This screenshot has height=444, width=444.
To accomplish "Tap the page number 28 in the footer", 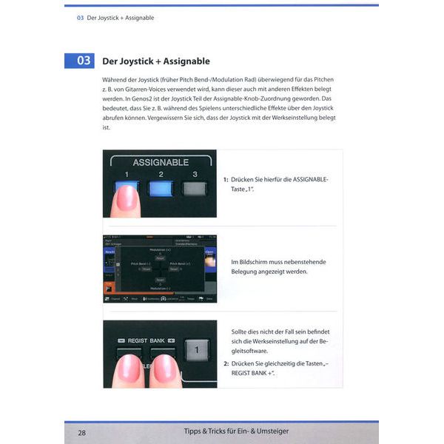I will pyautogui.click(x=82, y=431).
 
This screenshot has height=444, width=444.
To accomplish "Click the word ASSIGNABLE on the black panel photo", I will pyautogui.click(x=160, y=162).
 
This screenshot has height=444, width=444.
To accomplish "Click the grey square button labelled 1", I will pyautogui.click(x=196, y=349).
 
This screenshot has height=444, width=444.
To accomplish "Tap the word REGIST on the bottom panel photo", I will pyautogui.click(x=138, y=340).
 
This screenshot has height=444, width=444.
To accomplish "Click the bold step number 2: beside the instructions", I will pyautogui.click(x=226, y=363).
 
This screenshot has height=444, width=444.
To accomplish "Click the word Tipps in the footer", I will pyautogui.click(x=196, y=431).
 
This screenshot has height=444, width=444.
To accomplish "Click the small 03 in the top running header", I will pyautogui.click(x=80, y=18).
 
